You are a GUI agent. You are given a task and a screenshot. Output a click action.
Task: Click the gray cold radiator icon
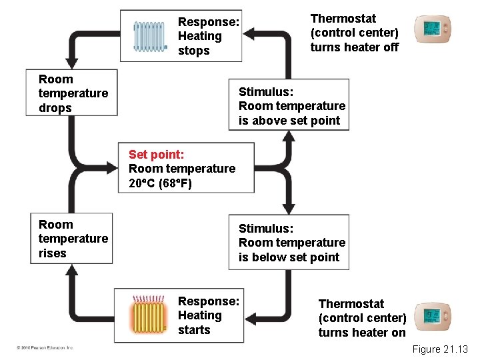point(149,36)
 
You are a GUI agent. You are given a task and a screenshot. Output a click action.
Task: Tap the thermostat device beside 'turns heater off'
point(431,29)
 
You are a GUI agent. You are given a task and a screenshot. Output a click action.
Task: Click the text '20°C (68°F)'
point(160,183)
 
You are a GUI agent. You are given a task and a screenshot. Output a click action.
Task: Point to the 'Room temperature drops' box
point(73,93)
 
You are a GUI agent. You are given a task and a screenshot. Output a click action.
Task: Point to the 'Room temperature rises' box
point(73,239)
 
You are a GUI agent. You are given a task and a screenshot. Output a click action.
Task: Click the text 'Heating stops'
point(199,43)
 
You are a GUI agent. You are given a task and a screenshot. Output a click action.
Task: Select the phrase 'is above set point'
point(289,121)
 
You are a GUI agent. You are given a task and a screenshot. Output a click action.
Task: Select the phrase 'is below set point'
point(289,257)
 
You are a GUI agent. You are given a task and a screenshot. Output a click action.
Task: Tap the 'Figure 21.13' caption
point(440,349)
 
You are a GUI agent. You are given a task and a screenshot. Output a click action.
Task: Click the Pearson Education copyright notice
point(46,347)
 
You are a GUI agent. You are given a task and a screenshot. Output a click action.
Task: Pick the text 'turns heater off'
point(354,47)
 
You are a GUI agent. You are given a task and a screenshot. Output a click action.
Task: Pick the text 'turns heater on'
point(361,333)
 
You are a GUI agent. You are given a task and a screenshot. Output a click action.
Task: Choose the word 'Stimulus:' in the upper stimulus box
point(265,91)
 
